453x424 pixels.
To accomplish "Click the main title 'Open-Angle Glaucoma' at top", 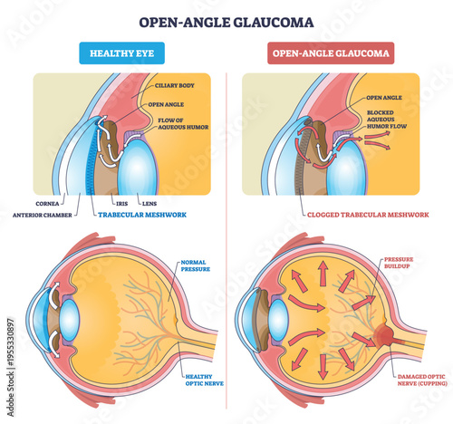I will click(226, 20).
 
